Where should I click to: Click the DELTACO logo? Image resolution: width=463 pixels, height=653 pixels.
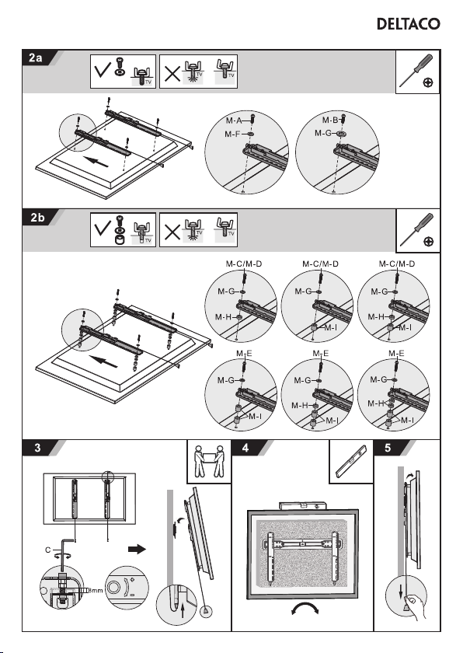408,24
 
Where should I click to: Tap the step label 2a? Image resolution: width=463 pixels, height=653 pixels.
36,58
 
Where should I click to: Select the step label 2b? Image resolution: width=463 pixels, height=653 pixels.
37,218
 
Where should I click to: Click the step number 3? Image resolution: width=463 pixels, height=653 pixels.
38,448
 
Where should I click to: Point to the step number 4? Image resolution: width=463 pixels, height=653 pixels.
245,448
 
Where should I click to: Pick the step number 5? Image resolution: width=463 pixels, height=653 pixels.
388,448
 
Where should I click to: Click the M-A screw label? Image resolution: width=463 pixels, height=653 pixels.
234,120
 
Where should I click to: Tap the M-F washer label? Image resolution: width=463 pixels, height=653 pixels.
232,134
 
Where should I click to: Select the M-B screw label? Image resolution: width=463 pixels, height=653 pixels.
330,120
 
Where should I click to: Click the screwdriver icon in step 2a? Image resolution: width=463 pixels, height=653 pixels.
417,71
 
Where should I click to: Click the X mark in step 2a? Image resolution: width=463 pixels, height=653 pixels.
172,74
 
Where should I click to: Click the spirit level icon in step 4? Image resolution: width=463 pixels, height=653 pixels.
350,461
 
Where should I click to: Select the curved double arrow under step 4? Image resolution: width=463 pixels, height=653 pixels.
305,609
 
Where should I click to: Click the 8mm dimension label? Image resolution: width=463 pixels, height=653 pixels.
96,591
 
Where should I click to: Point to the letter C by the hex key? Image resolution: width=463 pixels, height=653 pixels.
48,550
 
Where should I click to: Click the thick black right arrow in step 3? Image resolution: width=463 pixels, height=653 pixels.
138,550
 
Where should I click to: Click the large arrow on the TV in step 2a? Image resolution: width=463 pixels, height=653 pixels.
96,161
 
